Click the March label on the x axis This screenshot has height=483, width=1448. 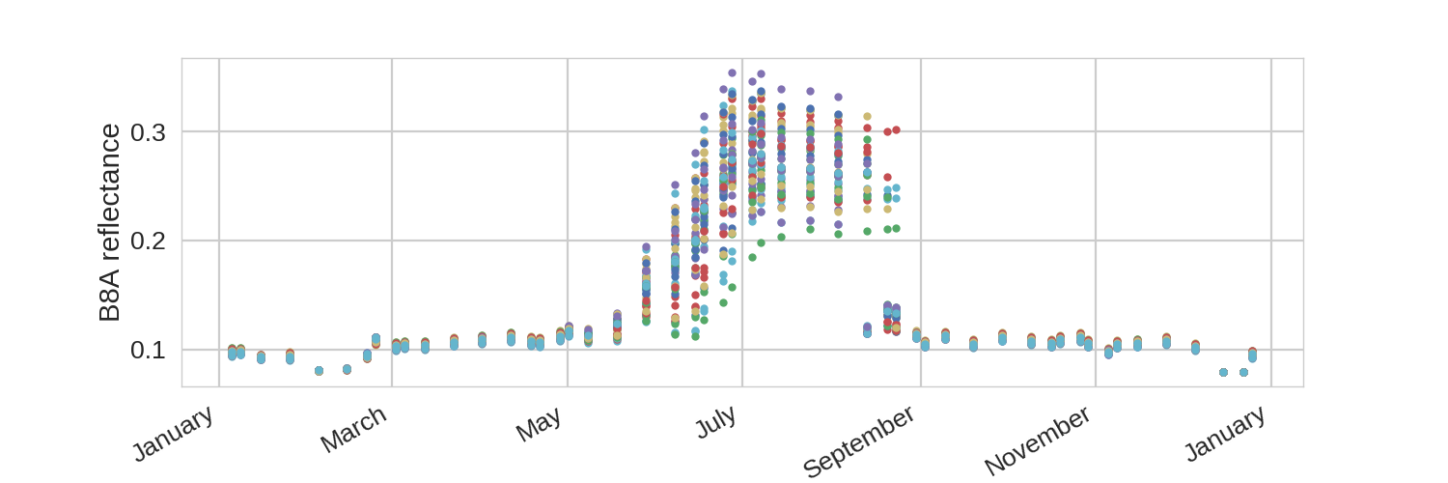(x=353, y=429)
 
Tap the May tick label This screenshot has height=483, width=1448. (x=539, y=424)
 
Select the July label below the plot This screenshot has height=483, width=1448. (x=716, y=422)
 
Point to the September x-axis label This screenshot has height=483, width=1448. (x=859, y=440)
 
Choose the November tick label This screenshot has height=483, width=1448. (x=1038, y=440)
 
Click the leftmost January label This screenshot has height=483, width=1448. (x=173, y=433)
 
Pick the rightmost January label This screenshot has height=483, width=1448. (x=1226, y=433)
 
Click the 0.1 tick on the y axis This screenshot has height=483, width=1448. (x=148, y=350)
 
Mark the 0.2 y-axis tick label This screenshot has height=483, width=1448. (x=148, y=241)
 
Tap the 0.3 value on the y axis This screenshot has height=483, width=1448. (x=148, y=132)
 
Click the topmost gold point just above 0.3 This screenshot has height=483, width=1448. (x=868, y=117)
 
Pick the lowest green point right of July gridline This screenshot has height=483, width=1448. (x=752, y=257)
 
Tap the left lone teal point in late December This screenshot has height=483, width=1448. (x=1223, y=373)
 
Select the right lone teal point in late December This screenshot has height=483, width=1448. (x=1243, y=373)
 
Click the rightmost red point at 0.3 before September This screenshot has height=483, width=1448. (x=896, y=130)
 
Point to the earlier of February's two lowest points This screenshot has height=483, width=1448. (x=319, y=371)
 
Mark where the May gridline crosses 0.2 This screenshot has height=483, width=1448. (x=568, y=241)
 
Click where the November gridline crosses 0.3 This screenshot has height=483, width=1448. (x=1096, y=132)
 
